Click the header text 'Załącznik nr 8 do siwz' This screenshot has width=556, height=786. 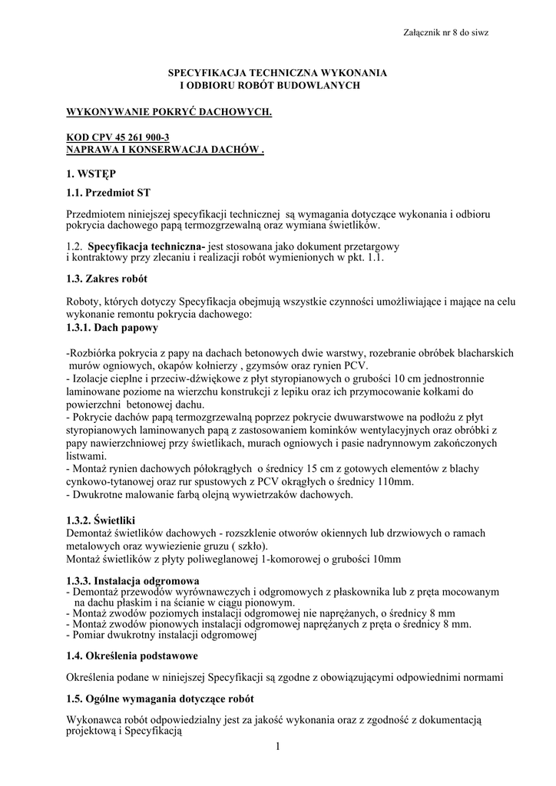pyautogui.click(x=445, y=32)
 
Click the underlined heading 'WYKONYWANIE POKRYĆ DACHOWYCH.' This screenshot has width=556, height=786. pyautogui.click(x=170, y=112)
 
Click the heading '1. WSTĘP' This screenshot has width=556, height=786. pyautogui.click(x=91, y=174)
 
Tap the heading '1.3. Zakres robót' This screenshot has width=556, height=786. pyautogui.click(x=108, y=279)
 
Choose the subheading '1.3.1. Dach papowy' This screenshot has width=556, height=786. pyautogui.click(x=113, y=328)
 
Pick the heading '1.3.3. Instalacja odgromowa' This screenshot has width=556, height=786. pyautogui.click(x=134, y=580)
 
